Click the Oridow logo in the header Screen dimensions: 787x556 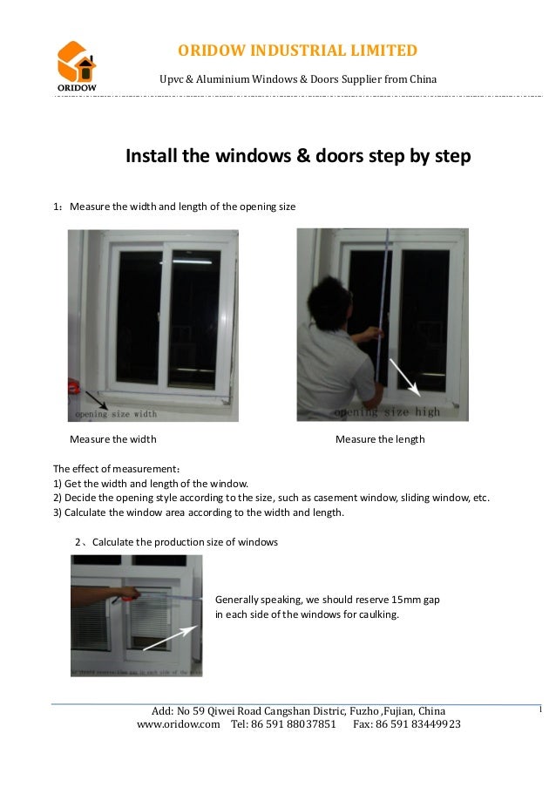[77, 65]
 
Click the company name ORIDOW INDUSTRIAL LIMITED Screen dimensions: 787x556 [298, 51]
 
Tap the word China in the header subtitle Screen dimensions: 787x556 [422, 80]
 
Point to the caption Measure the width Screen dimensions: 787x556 [113, 439]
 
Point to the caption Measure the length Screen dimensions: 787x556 [380, 439]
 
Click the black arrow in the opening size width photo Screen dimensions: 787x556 [91, 397]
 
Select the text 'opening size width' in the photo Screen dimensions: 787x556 [116, 414]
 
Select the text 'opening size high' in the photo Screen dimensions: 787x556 [387, 411]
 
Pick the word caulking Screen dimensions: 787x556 [378, 614]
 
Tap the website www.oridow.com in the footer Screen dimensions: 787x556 [179, 724]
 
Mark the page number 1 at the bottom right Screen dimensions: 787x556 [540, 710]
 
